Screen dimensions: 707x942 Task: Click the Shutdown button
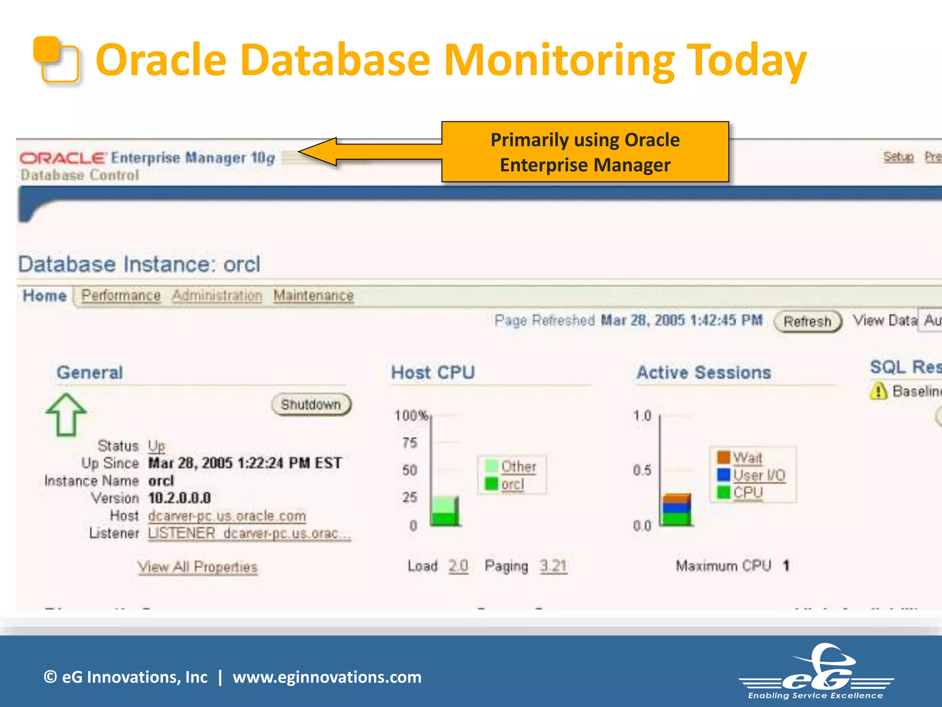point(311,405)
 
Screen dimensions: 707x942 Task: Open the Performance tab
point(121,296)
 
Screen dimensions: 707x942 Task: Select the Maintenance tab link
point(313,296)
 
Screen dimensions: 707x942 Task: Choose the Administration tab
point(217,296)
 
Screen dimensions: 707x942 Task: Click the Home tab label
point(45,296)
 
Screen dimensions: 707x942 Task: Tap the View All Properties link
point(197,567)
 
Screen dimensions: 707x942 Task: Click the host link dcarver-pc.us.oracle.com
point(227,516)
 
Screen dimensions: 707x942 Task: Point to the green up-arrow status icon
point(66,414)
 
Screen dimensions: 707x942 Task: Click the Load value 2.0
point(458,566)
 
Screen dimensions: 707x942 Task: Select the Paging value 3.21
point(553,566)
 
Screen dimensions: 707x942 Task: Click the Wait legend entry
point(747,458)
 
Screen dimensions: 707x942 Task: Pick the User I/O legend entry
point(759,475)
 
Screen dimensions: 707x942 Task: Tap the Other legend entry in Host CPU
point(518,467)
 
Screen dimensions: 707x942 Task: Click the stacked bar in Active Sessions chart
point(676,510)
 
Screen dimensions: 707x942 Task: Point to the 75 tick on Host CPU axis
point(410,443)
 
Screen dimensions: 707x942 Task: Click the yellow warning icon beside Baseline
point(879,391)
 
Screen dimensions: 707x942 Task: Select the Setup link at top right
point(898,157)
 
